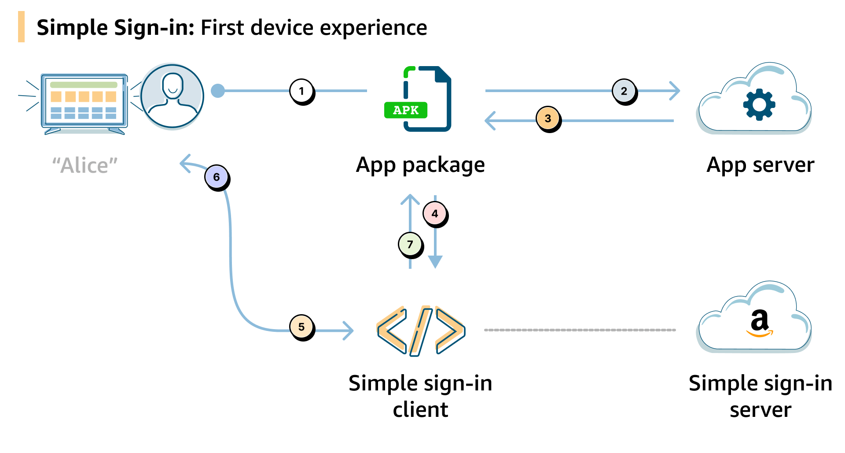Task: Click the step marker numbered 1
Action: [301, 91]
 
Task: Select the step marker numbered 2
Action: [624, 91]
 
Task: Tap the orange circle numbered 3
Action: [547, 119]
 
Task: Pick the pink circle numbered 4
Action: [435, 214]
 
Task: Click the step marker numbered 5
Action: [301, 327]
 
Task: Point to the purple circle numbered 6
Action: [217, 177]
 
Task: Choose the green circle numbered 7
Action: [410, 244]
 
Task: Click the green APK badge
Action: [405, 110]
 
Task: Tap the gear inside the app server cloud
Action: [759, 104]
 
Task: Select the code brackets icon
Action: [421, 330]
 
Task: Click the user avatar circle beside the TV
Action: [173, 96]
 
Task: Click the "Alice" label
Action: [85, 166]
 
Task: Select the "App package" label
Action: [420, 165]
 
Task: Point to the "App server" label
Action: [760, 165]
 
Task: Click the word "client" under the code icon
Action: [420, 410]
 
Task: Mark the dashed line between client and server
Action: [580, 330]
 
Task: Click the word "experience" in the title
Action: [373, 28]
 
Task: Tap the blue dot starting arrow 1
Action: [218, 91]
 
